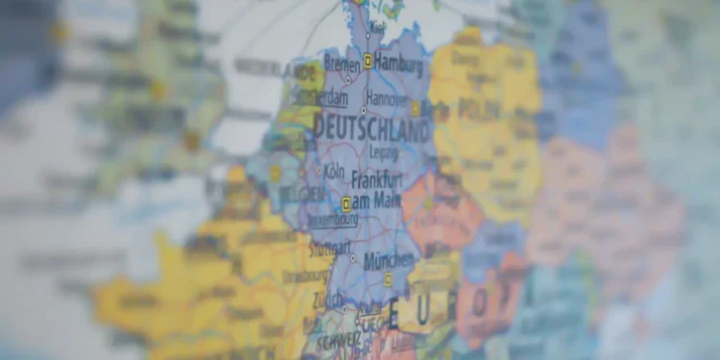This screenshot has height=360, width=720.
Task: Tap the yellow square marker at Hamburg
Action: tap(368, 61)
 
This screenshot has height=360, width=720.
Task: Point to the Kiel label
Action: tap(376, 26)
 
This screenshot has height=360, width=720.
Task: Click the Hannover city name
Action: tap(388, 98)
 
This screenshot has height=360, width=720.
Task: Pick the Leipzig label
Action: tap(383, 152)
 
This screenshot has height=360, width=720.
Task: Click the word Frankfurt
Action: tap(377, 179)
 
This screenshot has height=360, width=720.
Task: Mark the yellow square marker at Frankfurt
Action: tap(347, 203)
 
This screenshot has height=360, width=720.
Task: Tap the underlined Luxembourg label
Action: tap(332, 218)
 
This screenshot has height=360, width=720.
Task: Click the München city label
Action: tap(389, 260)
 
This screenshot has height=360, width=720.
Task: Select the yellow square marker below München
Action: tap(388, 279)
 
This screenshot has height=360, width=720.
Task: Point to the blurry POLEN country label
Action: tap(479, 108)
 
